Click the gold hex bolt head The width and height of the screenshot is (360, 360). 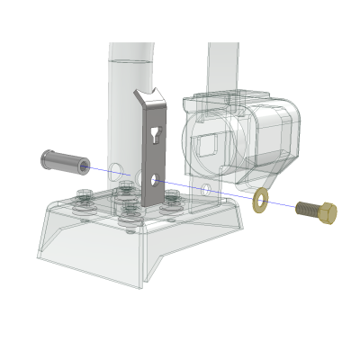(328, 212)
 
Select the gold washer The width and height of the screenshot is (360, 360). (261, 199)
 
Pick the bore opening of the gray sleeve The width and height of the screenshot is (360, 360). (84, 166)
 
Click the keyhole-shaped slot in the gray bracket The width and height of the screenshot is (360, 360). (157, 137)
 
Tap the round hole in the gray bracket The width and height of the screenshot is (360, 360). (156, 180)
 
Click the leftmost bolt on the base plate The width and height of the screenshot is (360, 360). (84, 200)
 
